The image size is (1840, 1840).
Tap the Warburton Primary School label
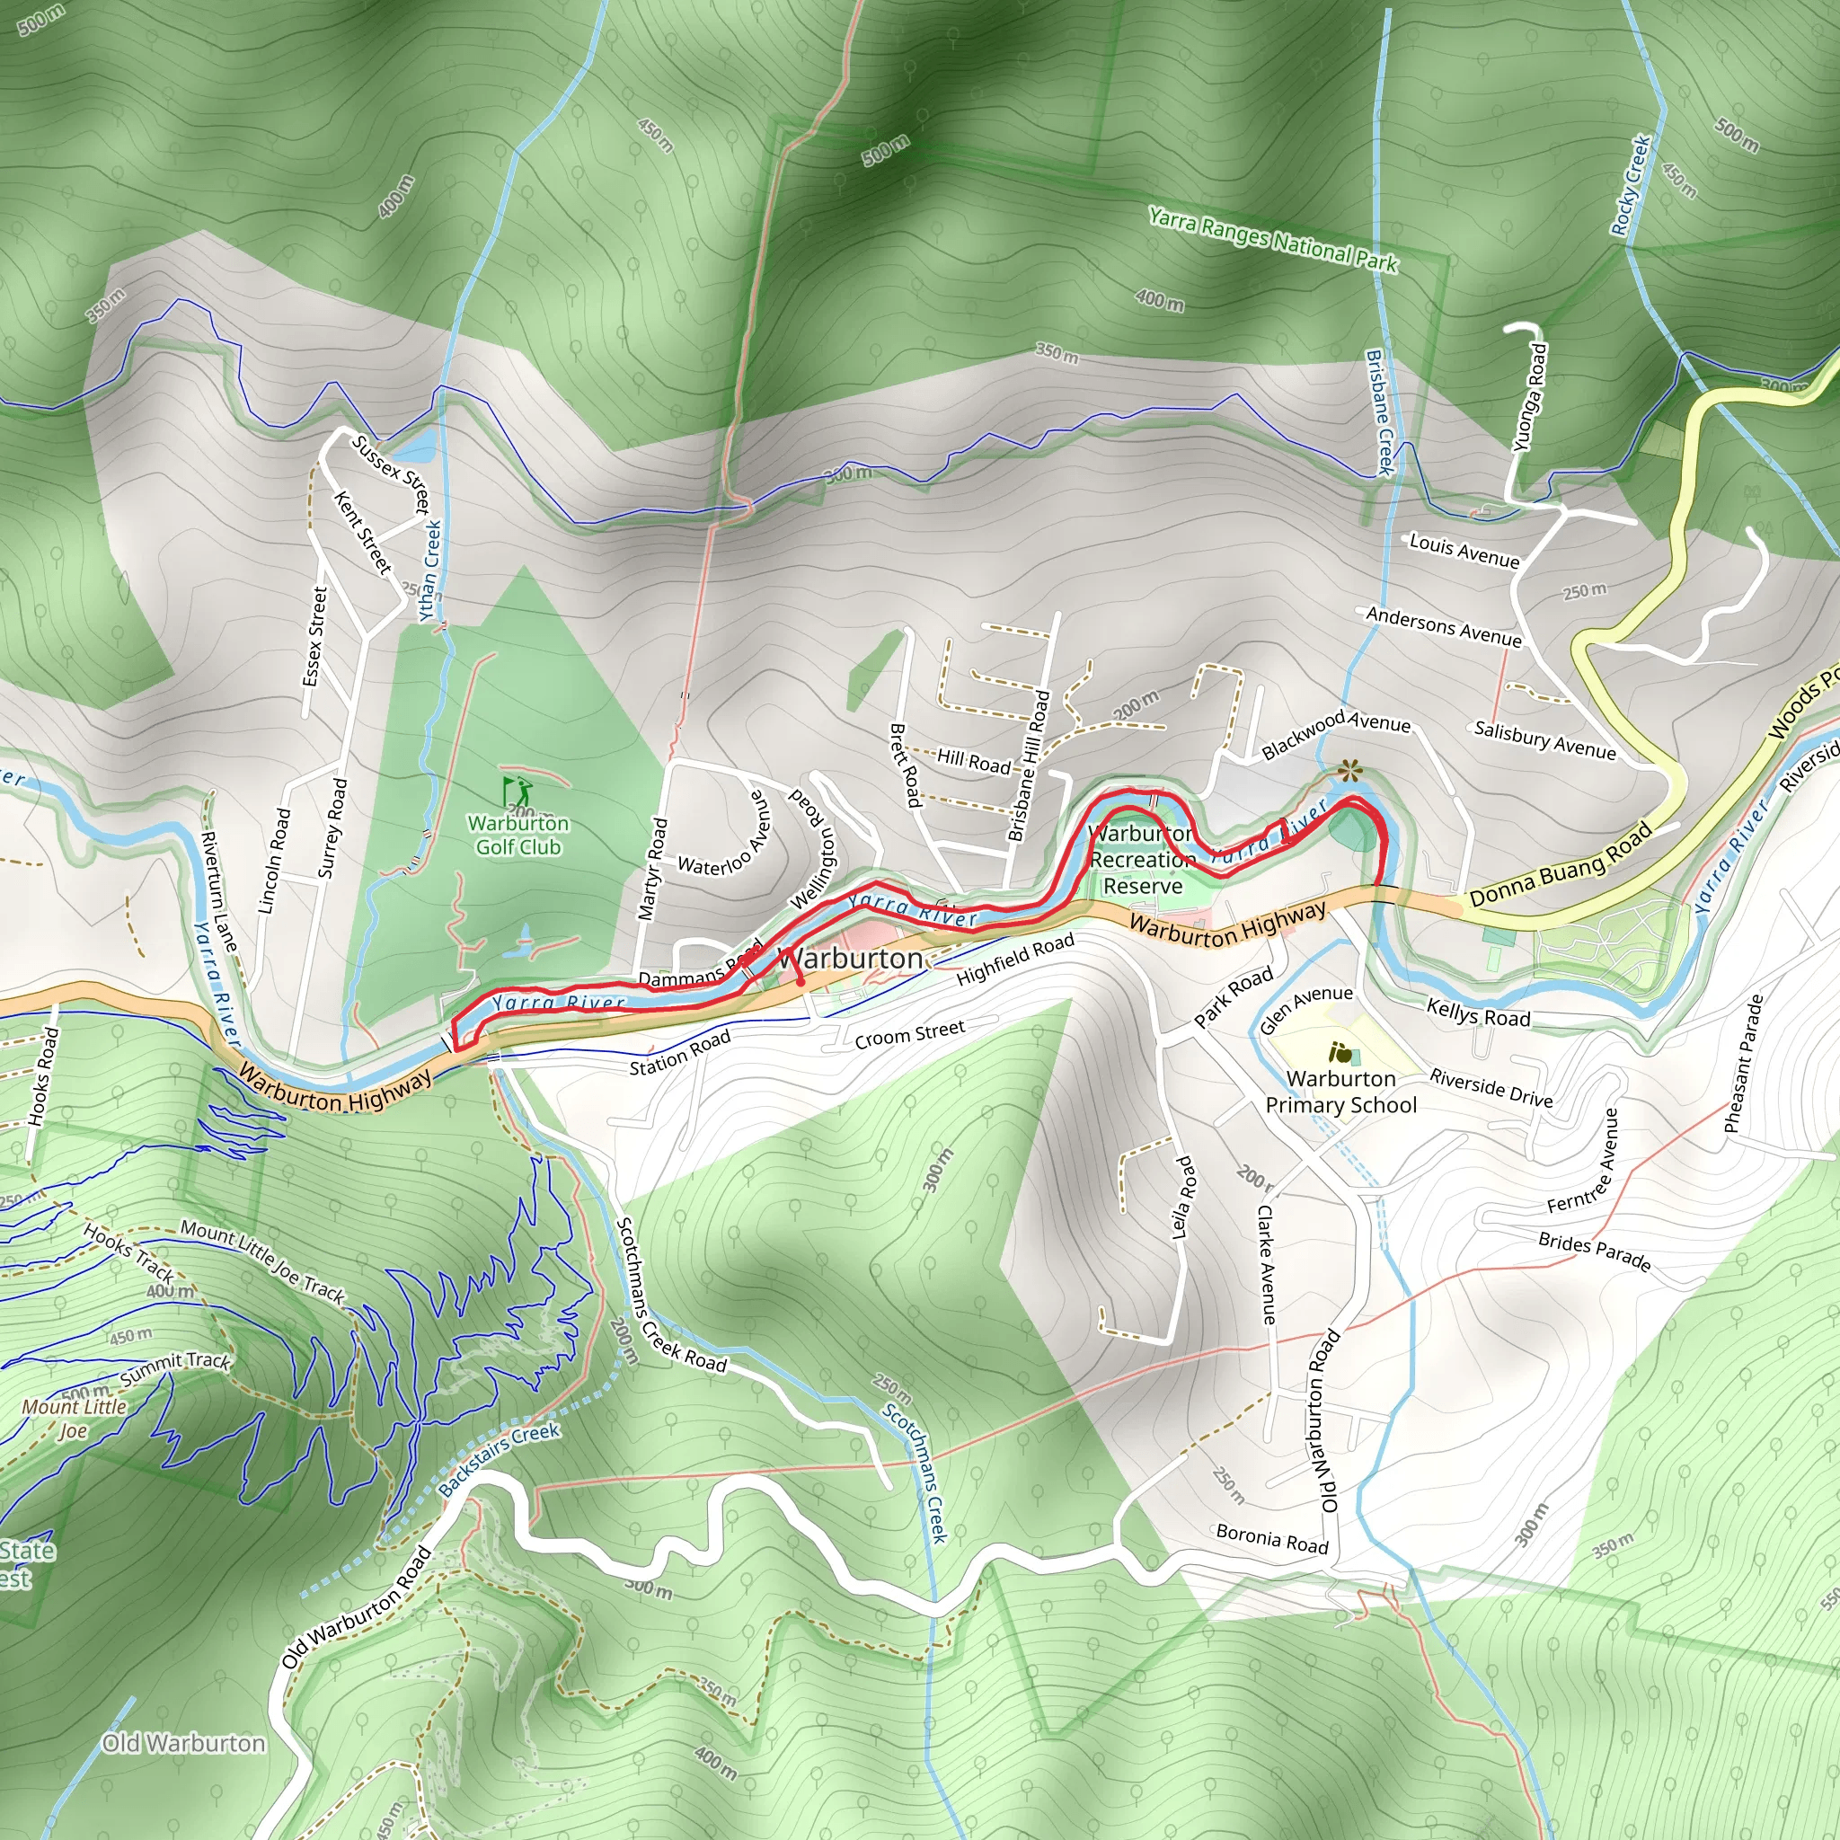point(1341,1092)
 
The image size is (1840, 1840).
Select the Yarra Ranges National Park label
point(1272,240)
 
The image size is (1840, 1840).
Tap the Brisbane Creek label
point(1379,411)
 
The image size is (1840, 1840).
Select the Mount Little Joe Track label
point(262,1261)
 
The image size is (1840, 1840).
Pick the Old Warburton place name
point(184,1743)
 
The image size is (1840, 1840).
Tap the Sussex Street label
point(392,473)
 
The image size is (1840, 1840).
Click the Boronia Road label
point(1271,1538)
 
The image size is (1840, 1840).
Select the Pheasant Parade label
point(1744,1064)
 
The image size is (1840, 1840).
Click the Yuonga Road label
point(1530,397)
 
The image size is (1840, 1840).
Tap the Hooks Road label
point(44,1076)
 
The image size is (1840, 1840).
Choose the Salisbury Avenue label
point(1544,740)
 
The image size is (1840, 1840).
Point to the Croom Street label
point(909,1033)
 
